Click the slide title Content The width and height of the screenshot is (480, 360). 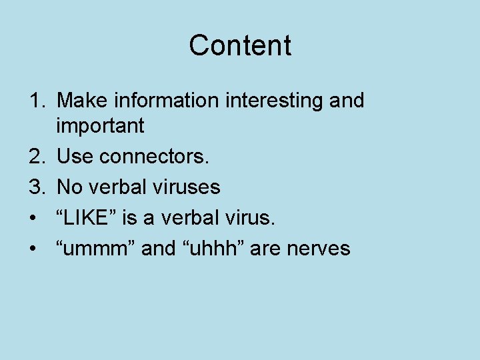240,45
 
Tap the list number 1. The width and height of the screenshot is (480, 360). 36,101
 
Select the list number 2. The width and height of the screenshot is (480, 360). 36,157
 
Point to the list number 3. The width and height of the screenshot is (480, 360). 36,187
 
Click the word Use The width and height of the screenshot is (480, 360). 75,157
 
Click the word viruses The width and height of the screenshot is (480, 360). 185,187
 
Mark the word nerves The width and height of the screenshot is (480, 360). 318,248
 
